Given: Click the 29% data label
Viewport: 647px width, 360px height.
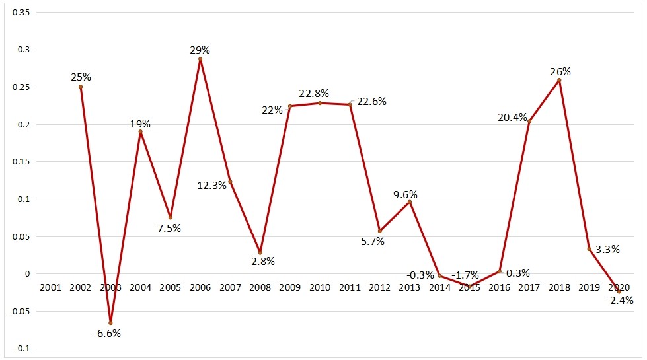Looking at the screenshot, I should click(200, 50).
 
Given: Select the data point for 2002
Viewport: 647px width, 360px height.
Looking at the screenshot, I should click(81, 87).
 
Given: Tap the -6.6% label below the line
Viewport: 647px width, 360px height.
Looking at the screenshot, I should click(106, 334).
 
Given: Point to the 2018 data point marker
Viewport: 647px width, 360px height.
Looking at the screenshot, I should click(559, 80).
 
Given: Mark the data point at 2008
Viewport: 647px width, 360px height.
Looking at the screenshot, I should click(260, 252).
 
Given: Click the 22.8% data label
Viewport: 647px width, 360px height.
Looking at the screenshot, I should click(313, 93).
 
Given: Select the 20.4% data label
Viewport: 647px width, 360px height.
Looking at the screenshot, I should click(512, 118).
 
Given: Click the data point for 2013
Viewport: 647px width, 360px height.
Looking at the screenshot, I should click(410, 201).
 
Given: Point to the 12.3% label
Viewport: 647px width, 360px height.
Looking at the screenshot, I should click(211, 186).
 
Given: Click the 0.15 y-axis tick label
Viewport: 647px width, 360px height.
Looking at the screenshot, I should click(22, 162).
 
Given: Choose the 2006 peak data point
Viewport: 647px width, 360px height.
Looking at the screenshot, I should click(200, 59).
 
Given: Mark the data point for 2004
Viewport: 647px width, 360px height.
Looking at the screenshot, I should click(140, 131).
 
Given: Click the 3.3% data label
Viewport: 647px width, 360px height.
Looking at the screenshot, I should click(607, 250).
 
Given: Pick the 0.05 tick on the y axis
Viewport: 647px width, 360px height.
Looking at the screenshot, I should click(22, 236).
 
